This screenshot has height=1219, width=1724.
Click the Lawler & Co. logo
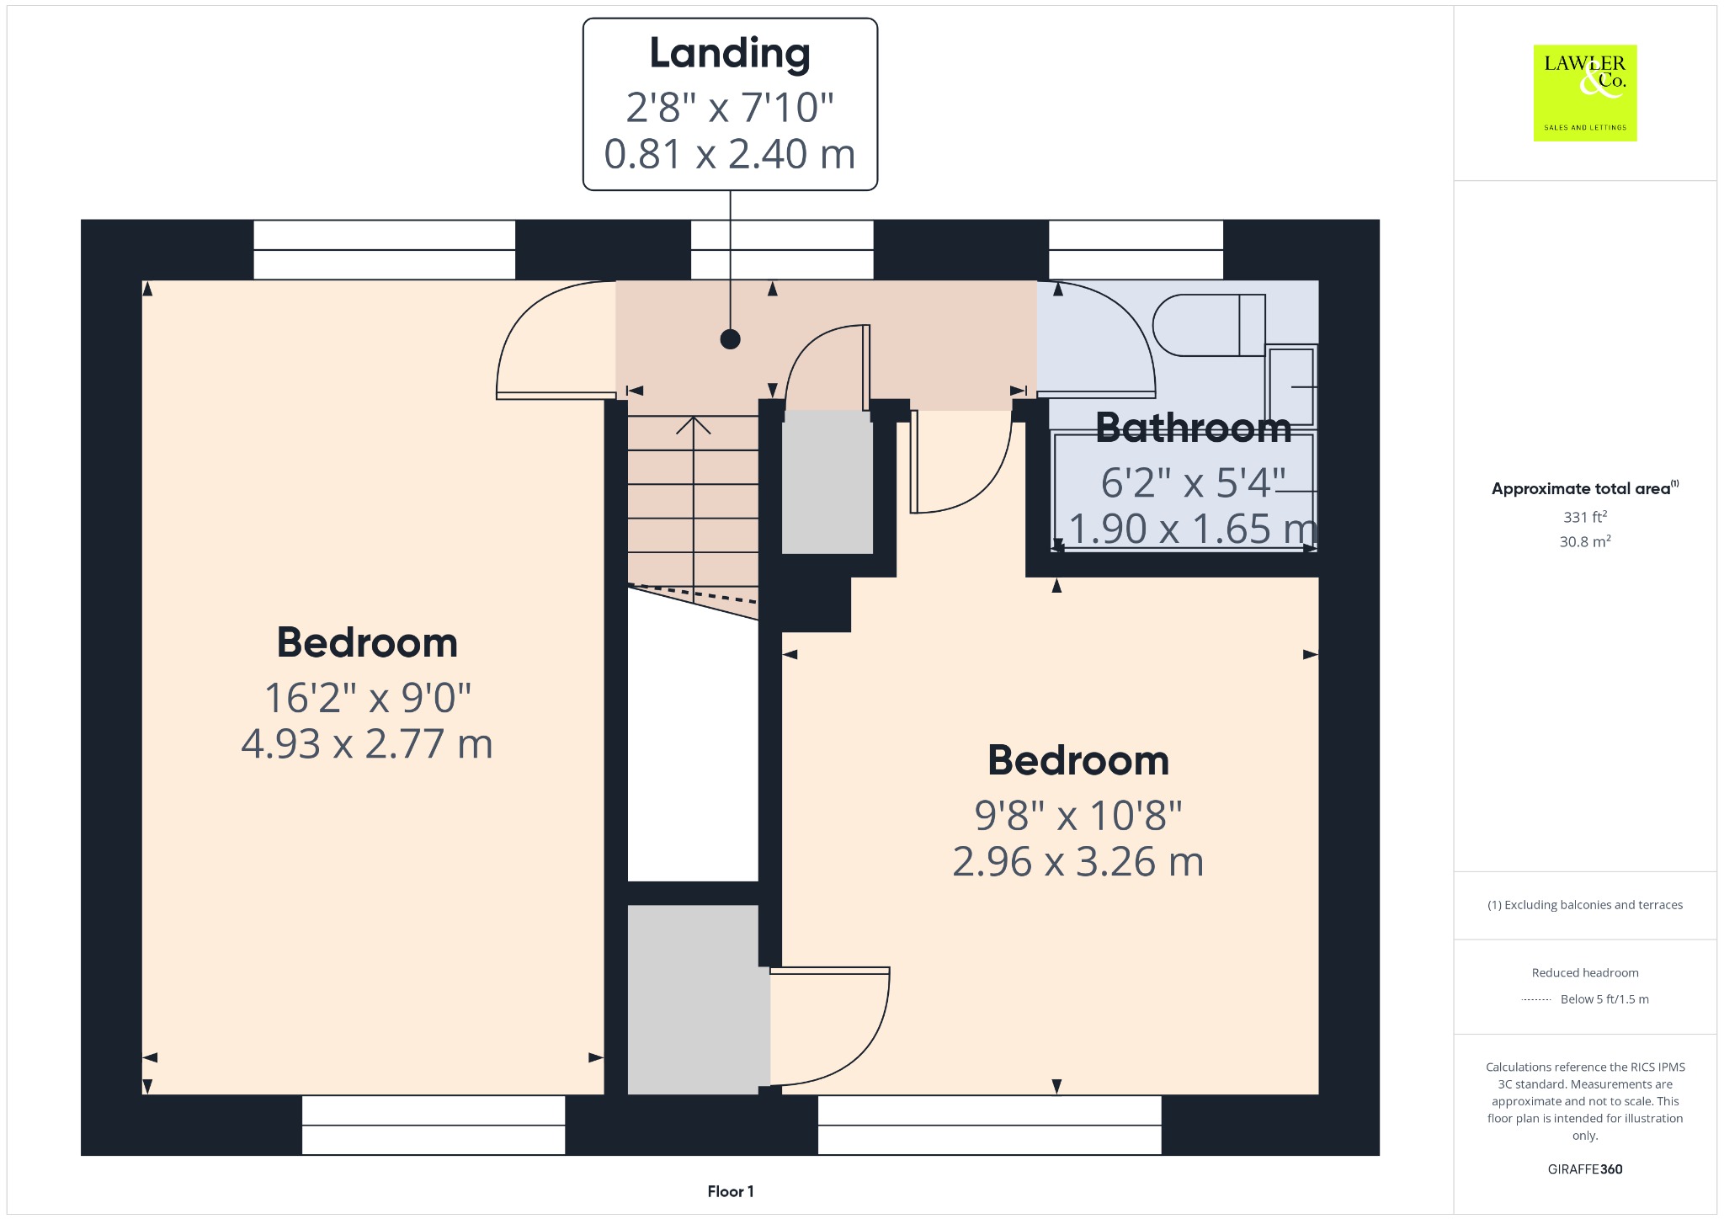tap(1585, 93)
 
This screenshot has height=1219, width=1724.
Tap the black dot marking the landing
tap(731, 339)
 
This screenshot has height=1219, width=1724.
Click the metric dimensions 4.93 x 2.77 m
tap(367, 744)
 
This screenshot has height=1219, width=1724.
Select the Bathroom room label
tap(1194, 428)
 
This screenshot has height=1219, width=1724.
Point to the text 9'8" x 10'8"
tap(1078, 815)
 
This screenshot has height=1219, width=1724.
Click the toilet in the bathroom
tap(1209, 325)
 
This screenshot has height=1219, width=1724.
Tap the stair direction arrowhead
tap(694, 425)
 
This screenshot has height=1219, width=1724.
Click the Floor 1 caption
tap(731, 1191)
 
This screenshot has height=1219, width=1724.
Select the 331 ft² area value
tap(1585, 517)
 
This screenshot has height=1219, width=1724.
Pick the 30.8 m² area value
tap(1585, 541)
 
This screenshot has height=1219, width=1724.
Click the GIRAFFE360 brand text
tap(1585, 1169)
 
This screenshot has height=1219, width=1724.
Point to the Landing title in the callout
tap(730, 55)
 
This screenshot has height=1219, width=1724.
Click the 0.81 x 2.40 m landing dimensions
tap(730, 154)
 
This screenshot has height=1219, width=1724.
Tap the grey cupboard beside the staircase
tap(827, 482)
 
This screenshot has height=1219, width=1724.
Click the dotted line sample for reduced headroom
tap(1536, 999)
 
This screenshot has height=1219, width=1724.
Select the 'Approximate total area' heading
tap(1581, 489)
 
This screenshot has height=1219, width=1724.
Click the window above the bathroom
tap(1136, 250)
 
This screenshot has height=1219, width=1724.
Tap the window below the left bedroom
tap(434, 1125)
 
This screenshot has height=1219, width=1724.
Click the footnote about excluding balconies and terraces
tap(1585, 905)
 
